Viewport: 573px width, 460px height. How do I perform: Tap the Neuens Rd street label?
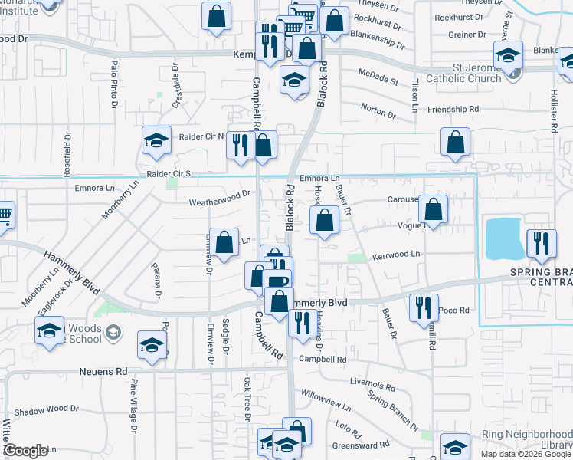tap(103, 371)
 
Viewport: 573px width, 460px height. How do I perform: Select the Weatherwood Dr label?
tap(221, 198)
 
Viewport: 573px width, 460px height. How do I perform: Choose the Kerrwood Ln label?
tap(396, 254)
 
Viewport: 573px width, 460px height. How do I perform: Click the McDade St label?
tap(379, 77)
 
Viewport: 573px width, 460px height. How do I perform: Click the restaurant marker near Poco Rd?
tap(424, 307)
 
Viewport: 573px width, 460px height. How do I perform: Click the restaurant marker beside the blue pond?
tap(540, 244)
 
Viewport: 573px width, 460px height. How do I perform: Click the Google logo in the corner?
tap(26, 450)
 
